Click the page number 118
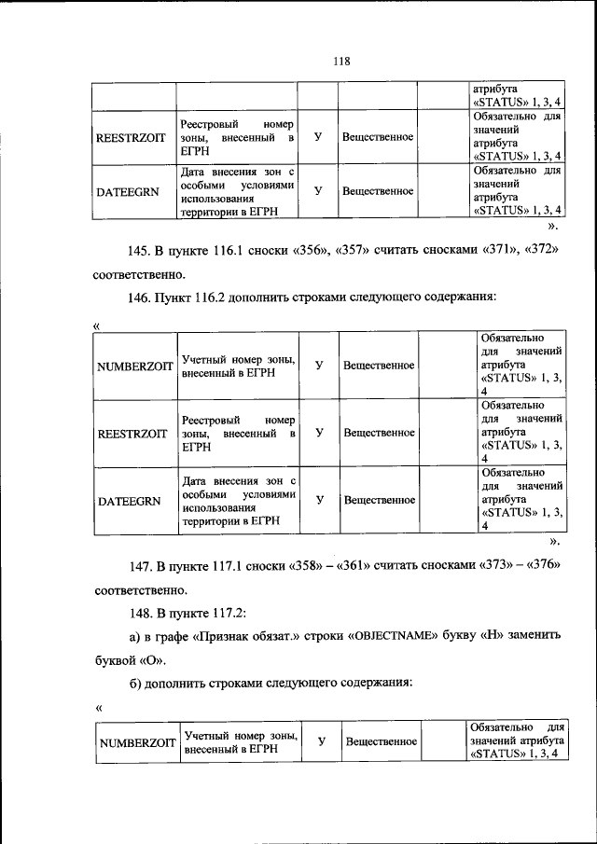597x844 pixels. click(340, 62)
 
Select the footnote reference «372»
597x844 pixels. click(540, 252)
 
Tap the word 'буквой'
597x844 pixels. click(116, 661)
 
